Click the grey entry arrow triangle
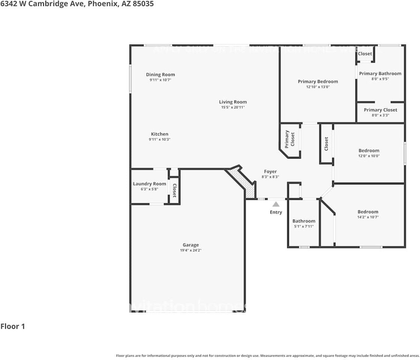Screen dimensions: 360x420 pos(276,204)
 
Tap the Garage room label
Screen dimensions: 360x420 pos(191,245)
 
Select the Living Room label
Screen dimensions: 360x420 pos(233,102)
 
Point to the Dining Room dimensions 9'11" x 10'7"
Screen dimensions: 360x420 pos(160,80)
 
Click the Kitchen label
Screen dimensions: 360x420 pos(160,134)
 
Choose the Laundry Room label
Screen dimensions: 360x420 pos(149,184)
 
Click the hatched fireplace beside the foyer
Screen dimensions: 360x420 pos(248,186)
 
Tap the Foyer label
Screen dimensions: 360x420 pos(270,171)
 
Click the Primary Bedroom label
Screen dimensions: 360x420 pos(318,81)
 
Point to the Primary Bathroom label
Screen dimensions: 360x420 pos(380,73)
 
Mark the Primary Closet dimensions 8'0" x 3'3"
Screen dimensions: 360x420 pos(380,115)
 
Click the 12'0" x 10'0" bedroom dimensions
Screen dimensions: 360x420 pos(369,156)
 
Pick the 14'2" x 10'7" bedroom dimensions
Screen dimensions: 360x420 pos(368,217)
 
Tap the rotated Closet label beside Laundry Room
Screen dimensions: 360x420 pos(174,190)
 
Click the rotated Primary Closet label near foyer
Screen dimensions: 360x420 pos(290,139)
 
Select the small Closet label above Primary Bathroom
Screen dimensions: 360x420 pos(365,54)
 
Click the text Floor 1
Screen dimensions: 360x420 pos(13,326)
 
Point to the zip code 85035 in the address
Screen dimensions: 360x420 pos(143,4)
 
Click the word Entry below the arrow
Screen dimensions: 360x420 pos(276,212)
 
